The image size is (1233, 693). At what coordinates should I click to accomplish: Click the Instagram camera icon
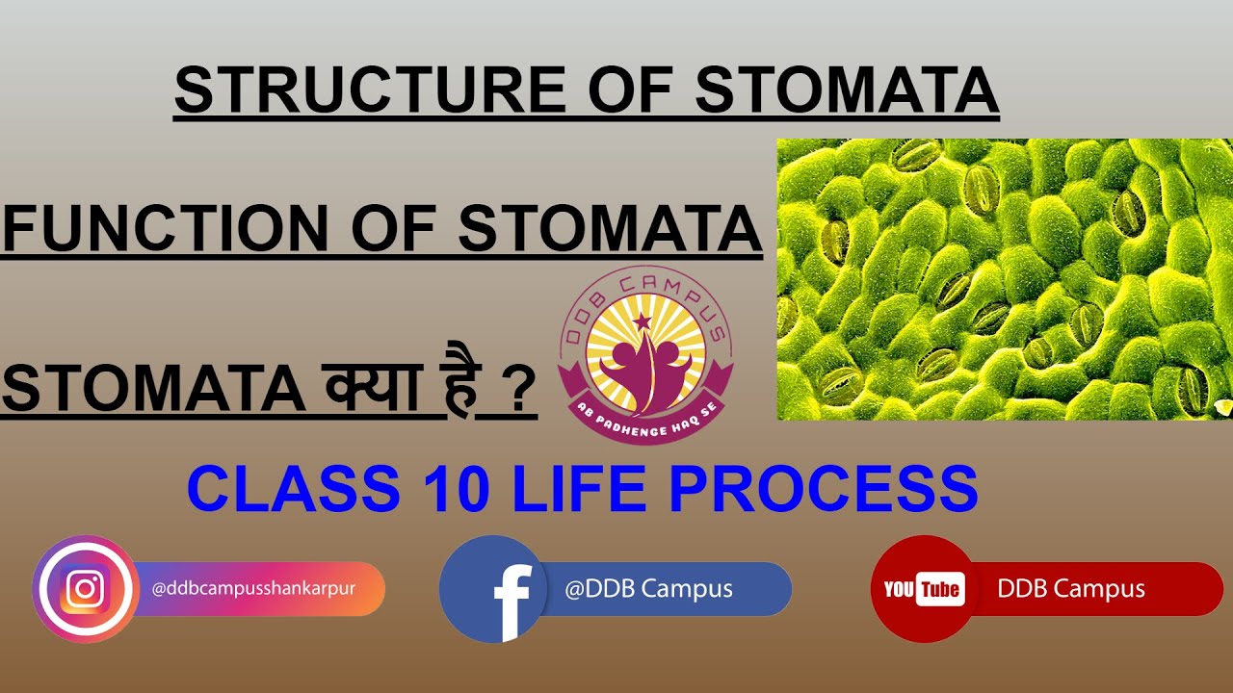pos(85,589)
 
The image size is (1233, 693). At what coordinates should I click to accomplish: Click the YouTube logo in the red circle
pos(923,589)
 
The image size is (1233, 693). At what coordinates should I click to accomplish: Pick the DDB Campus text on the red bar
pos(1071,589)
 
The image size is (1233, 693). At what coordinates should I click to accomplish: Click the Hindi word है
pos(470,387)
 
